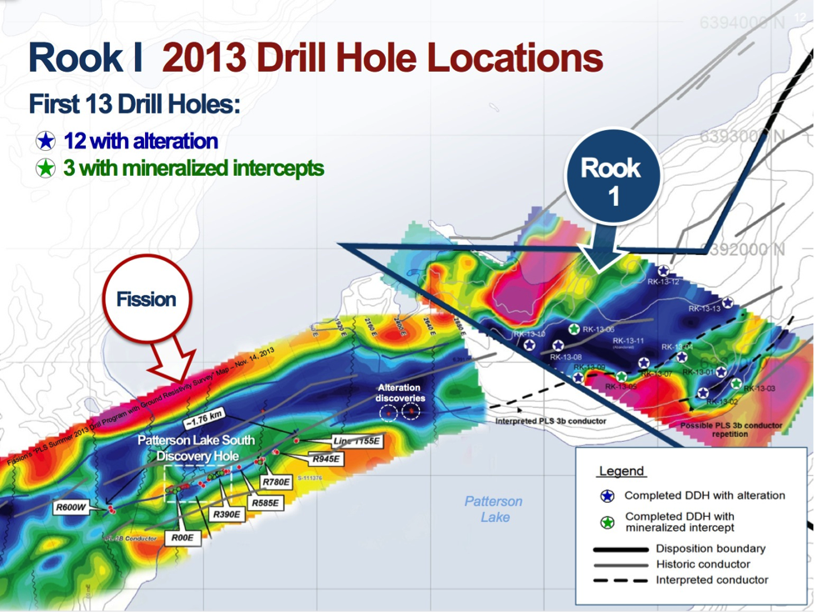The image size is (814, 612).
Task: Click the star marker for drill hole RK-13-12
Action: click(663, 271)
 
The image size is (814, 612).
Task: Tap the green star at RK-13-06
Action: click(574, 329)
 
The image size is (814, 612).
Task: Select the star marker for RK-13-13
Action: click(727, 303)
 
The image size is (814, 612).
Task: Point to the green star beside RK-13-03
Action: click(737, 384)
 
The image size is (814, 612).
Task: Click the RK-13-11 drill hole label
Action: click(629, 341)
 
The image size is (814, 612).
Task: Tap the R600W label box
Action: click(72, 507)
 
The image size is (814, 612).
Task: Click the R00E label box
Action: click(182, 538)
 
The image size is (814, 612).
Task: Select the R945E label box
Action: click(325, 459)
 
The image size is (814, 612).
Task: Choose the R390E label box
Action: click(227, 514)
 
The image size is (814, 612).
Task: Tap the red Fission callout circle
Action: click(147, 298)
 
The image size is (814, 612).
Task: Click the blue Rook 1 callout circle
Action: click(612, 181)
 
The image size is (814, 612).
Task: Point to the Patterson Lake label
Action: click(493, 509)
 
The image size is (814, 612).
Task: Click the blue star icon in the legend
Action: click(607, 496)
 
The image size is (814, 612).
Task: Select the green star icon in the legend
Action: click(607, 522)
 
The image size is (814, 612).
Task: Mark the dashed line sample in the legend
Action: click(620, 579)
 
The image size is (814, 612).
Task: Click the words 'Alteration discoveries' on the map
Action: click(399, 393)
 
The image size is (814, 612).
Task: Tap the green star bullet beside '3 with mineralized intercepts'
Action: click(46, 168)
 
